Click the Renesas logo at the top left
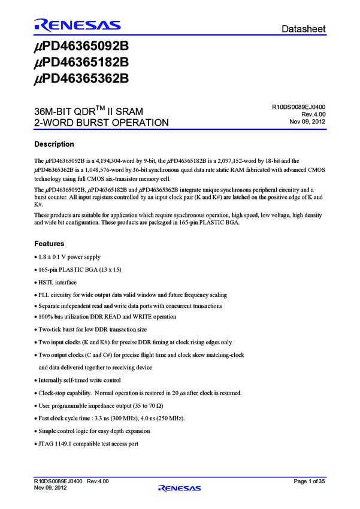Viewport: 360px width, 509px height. coord(77,25)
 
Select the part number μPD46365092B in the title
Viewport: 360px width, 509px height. coord(81,47)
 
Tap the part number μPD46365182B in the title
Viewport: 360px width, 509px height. coord(81,62)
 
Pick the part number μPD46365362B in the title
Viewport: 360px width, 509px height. coord(81,78)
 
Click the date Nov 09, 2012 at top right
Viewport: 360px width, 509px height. coord(307,122)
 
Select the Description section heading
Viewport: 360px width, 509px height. coord(54,144)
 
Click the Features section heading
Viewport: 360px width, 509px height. coord(49,244)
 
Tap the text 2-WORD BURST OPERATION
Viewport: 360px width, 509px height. coord(101,123)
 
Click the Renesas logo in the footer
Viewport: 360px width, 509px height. coord(179,489)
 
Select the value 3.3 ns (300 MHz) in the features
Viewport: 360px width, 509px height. coord(113,418)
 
